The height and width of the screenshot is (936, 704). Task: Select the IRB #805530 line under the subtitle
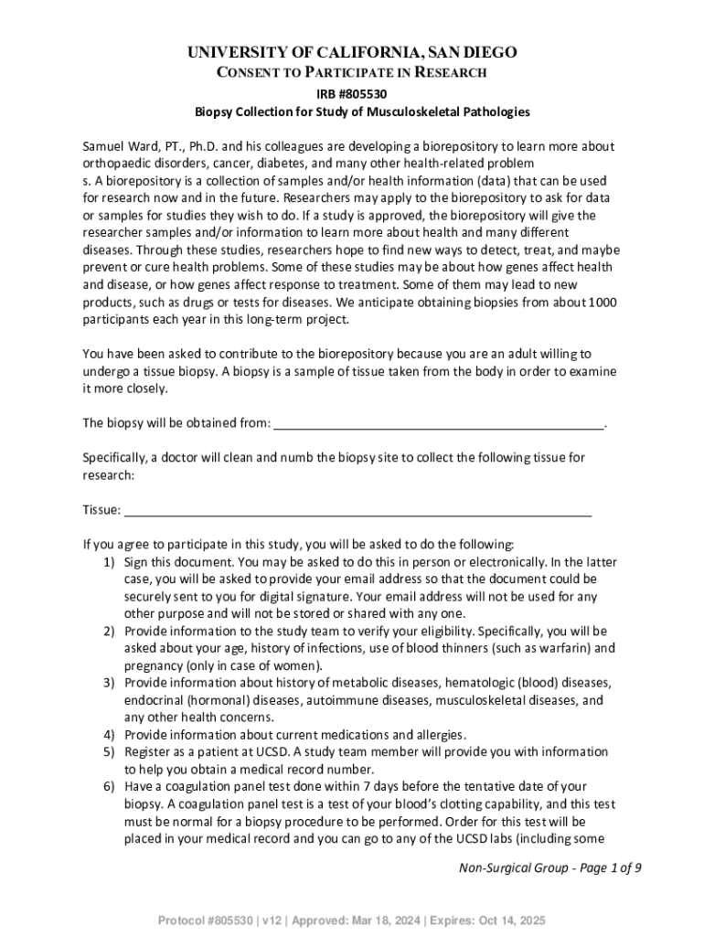click(352, 93)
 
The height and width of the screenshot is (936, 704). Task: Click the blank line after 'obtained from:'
click(439, 422)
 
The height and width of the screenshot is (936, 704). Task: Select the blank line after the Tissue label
click(357, 509)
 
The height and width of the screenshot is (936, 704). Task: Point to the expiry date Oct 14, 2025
click(513, 920)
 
